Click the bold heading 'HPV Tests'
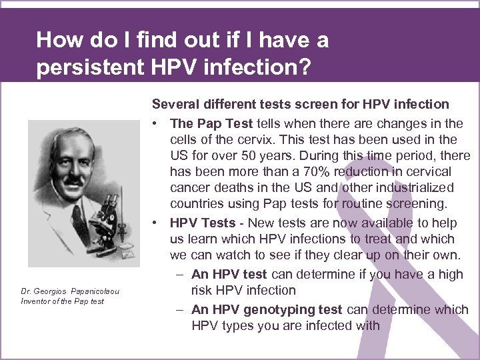coord(203,223)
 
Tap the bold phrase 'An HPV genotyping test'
coord(267,309)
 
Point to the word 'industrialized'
coord(412,188)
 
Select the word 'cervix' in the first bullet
coord(251,139)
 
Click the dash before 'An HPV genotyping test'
coord(181,309)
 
